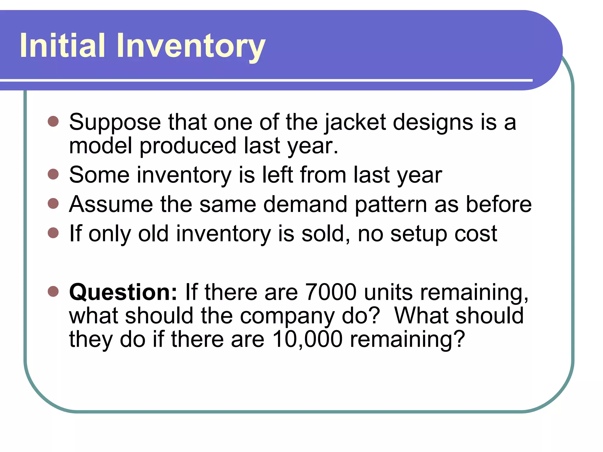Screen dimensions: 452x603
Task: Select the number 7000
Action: [x=331, y=292]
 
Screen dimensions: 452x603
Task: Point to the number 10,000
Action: [x=307, y=339]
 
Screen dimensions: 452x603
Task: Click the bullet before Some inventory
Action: [x=53, y=174]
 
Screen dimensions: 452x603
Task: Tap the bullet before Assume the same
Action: [x=53, y=203]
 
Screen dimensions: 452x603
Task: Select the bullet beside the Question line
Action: [x=53, y=291]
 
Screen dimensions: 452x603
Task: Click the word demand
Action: [x=305, y=204]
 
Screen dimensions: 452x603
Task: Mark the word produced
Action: [x=188, y=146]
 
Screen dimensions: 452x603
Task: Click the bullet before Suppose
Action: [x=53, y=121]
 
